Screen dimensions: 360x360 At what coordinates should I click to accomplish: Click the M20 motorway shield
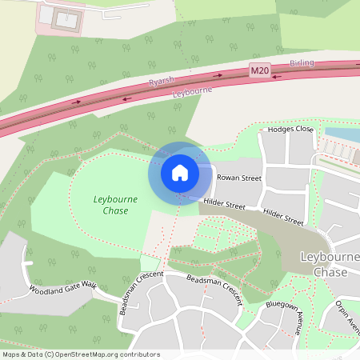pyautogui.click(x=258, y=71)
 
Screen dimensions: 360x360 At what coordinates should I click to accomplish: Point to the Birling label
pyautogui.click(x=303, y=62)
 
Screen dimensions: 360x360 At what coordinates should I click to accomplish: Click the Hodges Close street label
pyautogui.click(x=290, y=128)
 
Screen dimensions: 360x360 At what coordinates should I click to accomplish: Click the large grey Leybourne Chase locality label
pyautogui.click(x=329, y=265)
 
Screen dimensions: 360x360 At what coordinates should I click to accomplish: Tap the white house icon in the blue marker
pyautogui.click(x=180, y=172)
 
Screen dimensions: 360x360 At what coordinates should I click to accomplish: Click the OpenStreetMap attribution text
pyautogui.click(x=81, y=354)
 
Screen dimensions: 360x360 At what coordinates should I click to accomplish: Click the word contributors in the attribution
pyautogui.click(x=139, y=354)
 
